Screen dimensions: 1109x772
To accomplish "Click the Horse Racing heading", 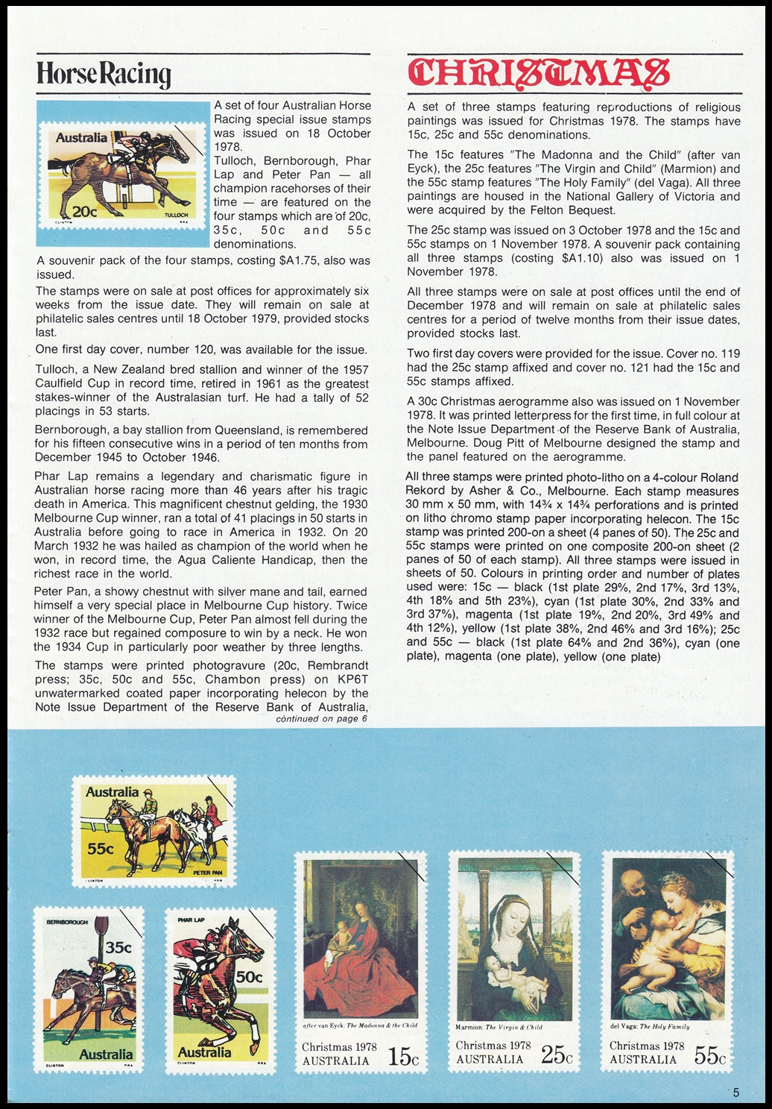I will (x=104, y=75).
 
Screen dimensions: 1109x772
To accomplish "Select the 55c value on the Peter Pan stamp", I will (x=100, y=849).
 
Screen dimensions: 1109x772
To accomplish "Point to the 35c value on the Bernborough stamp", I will (x=118, y=948).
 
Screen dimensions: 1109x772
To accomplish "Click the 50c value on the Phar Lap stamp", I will (x=249, y=976).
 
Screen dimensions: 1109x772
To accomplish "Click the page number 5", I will (x=736, y=1093).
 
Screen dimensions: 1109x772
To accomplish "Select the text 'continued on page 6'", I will (x=321, y=719).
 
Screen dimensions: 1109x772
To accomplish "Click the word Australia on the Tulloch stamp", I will (x=81, y=138).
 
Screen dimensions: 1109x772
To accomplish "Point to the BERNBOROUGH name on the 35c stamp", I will (x=67, y=923).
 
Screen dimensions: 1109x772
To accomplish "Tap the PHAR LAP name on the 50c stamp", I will (x=191, y=920).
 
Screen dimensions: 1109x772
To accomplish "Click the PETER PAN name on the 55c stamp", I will (x=207, y=872).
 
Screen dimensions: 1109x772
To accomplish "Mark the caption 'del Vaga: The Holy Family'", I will (x=650, y=1026).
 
